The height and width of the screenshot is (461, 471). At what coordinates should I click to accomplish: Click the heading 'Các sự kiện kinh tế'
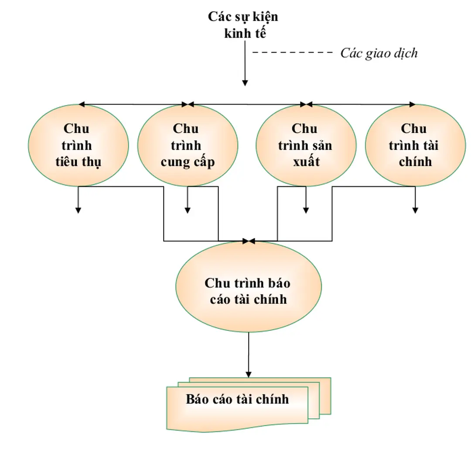click(x=243, y=25)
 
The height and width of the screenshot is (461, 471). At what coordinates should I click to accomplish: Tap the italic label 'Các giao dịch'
click(x=379, y=53)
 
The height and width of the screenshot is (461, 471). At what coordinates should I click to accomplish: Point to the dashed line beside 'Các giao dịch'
click(x=292, y=53)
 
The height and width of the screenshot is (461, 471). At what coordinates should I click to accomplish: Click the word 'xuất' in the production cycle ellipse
click(x=305, y=162)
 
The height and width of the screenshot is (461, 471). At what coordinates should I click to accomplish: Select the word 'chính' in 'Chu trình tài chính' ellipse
click(x=415, y=162)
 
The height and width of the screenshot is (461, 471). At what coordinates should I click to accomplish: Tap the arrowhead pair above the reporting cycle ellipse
click(x=248, y=241)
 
